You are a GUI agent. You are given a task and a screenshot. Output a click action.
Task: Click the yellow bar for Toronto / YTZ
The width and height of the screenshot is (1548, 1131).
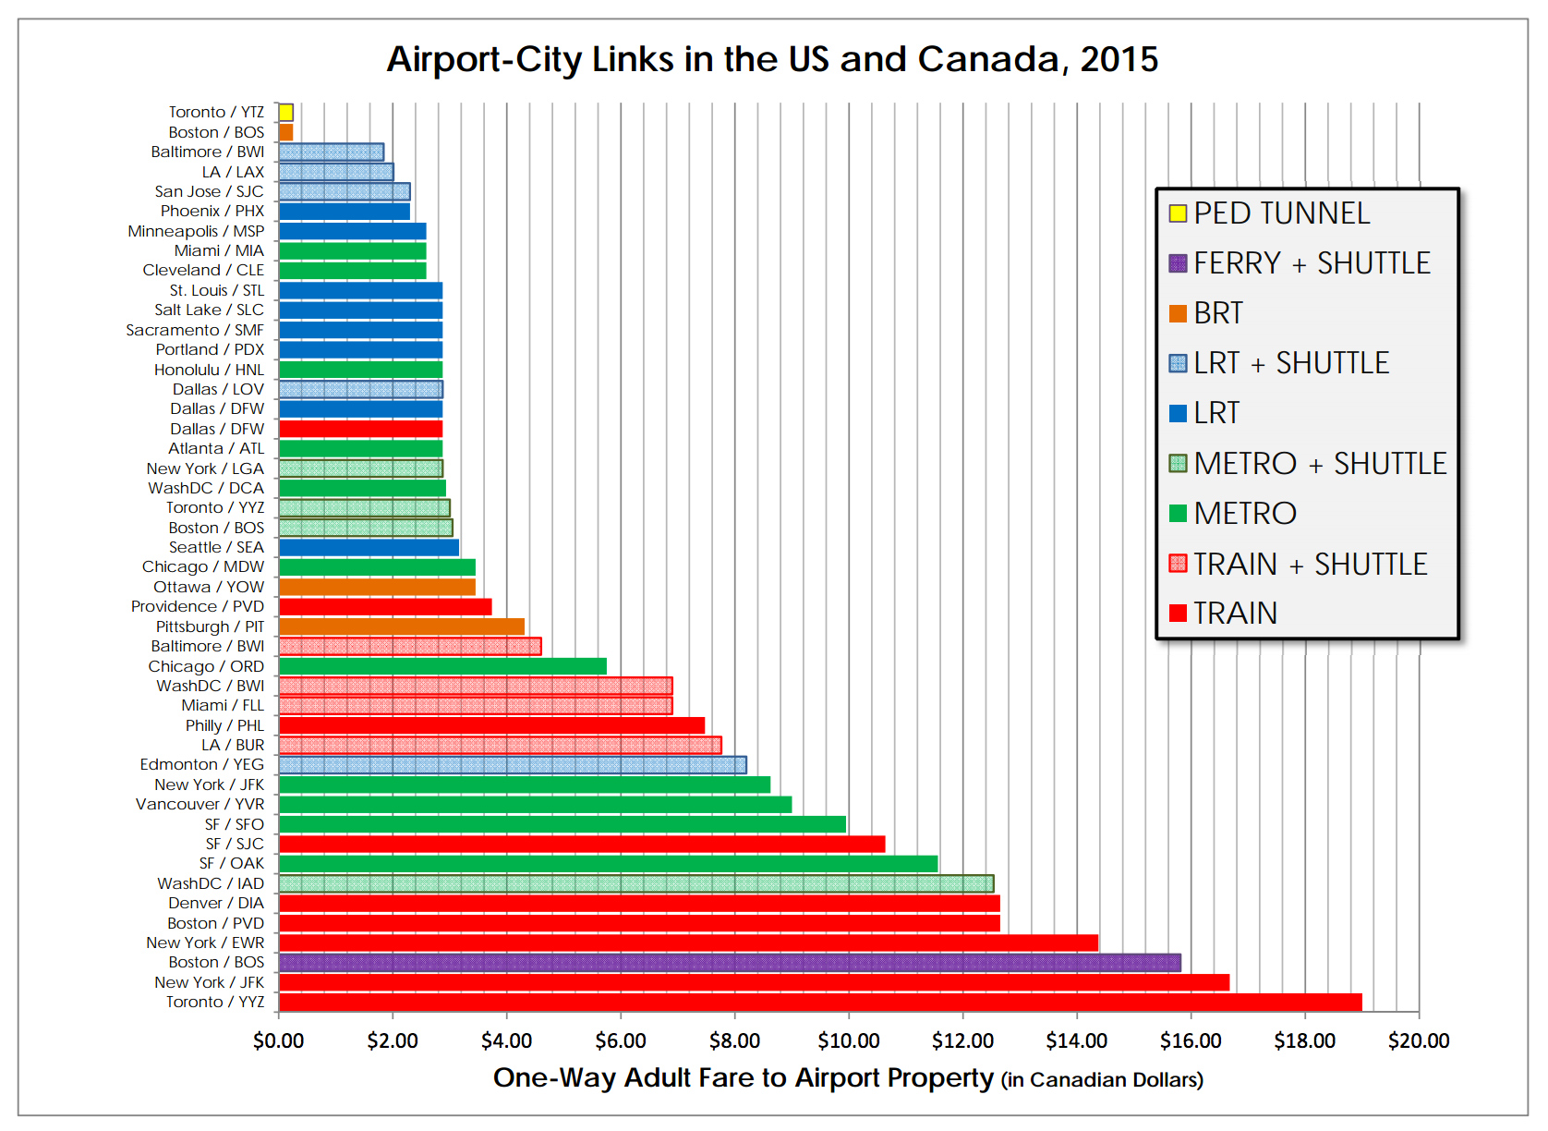tap(286, 113)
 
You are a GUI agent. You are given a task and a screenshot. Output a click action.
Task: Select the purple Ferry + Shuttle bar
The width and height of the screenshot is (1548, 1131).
tap(730, 963)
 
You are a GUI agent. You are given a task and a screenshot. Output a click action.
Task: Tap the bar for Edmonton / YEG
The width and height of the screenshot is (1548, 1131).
tap(513, 765)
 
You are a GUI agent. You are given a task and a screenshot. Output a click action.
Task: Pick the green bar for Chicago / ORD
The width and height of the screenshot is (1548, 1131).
tap(442, 666)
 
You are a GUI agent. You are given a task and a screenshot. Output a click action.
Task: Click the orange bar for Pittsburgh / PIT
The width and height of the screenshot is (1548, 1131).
tap(402, 626)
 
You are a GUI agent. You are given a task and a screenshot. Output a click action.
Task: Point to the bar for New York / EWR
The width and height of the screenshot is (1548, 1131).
tap(688, 942)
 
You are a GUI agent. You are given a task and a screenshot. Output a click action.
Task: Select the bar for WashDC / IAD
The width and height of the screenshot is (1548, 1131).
tap(636, 883)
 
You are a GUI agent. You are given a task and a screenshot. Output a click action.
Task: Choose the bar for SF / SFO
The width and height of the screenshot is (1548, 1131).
tap(562, 824)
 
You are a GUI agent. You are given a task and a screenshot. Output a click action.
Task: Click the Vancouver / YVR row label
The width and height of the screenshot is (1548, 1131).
tap(200, 804)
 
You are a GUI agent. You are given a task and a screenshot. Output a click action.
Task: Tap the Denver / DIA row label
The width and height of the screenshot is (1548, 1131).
tap(215, 903)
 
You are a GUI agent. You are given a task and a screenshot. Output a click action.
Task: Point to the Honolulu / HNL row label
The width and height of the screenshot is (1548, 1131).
tap(209, 370)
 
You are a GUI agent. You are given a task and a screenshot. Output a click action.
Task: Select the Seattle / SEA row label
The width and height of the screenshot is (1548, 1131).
tap(216, 547)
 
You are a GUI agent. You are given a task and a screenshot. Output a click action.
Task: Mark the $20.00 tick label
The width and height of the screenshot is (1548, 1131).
tap(1419, 1041)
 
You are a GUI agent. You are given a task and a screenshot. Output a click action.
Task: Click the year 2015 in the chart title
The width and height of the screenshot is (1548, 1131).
tap(1119, 59)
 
